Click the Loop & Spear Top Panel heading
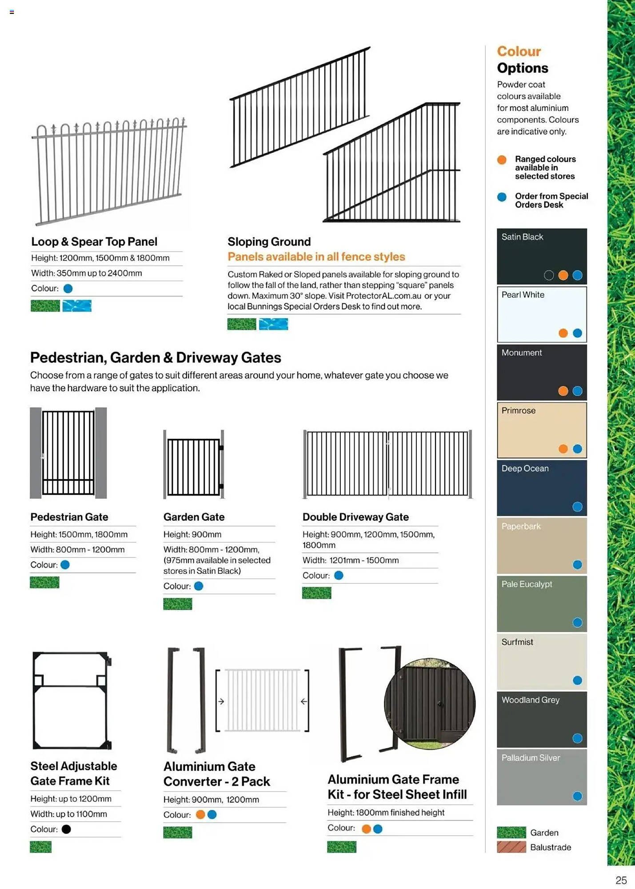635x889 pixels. pos(94,241)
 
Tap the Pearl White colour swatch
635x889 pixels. pos(541,314)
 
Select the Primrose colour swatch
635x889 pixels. pos(541,429)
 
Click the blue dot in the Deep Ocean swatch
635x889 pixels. pos(577,507)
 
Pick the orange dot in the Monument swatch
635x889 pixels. pos(563,391)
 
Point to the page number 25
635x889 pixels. pos(621,880)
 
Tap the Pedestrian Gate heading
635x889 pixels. pos(69,517)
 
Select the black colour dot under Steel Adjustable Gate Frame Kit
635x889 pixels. pos(66,829)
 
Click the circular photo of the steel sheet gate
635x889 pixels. pos(430,704)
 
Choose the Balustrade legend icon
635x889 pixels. pos(511,847)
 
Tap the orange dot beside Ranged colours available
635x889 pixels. pos(502,160)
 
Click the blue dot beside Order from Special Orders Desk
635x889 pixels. pos(502,197)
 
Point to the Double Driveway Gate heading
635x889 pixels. pos(355,517)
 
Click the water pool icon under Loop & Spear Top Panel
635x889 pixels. pos(77,306)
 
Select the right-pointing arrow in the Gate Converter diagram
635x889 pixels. pos(221,701)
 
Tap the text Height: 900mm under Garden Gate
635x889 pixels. pos(192,534)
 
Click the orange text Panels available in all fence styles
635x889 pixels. pos(316,256)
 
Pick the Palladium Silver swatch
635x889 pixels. pos(541,777)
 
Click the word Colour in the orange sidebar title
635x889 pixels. pos(519,51)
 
